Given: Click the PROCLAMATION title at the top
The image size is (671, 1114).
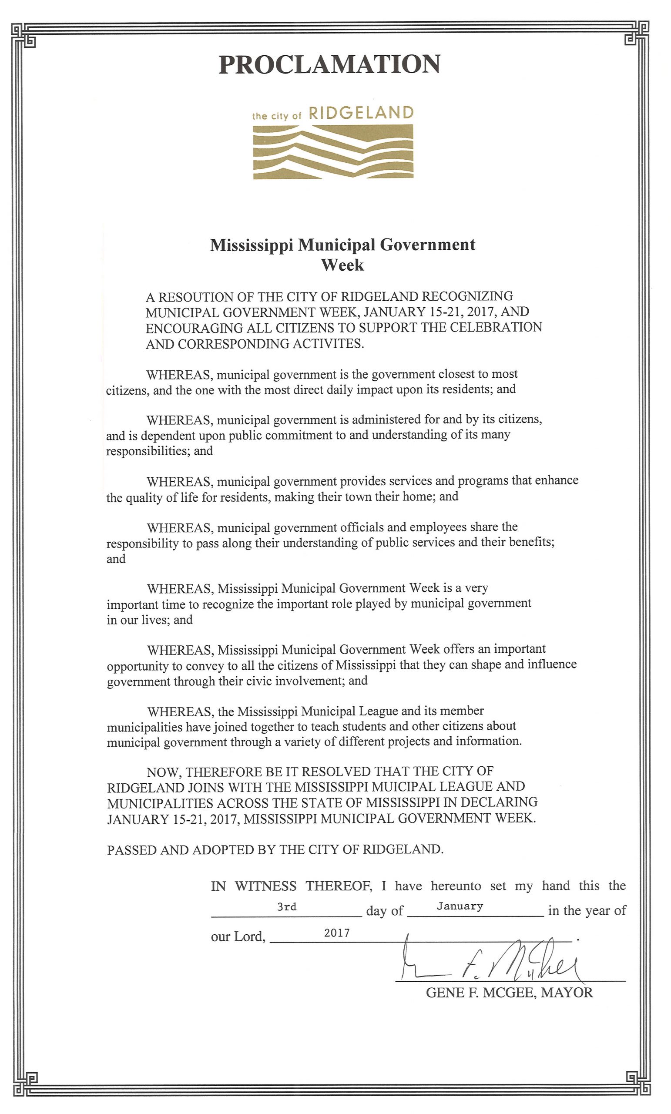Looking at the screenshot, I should (329, 64).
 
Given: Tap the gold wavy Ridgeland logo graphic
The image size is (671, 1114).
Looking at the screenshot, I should (333, 152).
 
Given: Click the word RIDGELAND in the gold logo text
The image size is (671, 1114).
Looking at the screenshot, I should (361, 113).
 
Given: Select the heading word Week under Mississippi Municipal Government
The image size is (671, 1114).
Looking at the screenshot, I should (342, 265).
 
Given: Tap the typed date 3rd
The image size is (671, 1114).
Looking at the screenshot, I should (287, 906).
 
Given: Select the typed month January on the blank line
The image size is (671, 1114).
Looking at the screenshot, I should (460, 906).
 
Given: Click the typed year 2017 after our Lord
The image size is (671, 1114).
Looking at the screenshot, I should (337, 933).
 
